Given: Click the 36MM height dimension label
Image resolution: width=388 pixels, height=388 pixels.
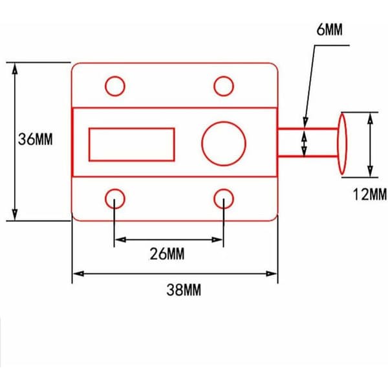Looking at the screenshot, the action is [36, 139].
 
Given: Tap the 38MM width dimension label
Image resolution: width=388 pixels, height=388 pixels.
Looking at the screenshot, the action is [184, 290].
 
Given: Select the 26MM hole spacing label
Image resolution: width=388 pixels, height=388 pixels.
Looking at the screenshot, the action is [167, 254].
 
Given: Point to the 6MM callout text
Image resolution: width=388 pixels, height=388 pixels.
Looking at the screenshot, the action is [330, 30].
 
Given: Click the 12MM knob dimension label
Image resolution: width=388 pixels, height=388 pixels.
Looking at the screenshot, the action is [369, 194].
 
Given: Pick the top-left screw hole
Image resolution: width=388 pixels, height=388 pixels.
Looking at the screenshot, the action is [115, 86].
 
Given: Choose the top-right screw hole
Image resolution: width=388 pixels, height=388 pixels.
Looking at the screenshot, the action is [224, 86].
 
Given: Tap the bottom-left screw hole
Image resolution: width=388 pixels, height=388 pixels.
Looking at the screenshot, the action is [115, 199].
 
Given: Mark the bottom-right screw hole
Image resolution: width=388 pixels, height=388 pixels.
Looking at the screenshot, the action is [224, 199].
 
